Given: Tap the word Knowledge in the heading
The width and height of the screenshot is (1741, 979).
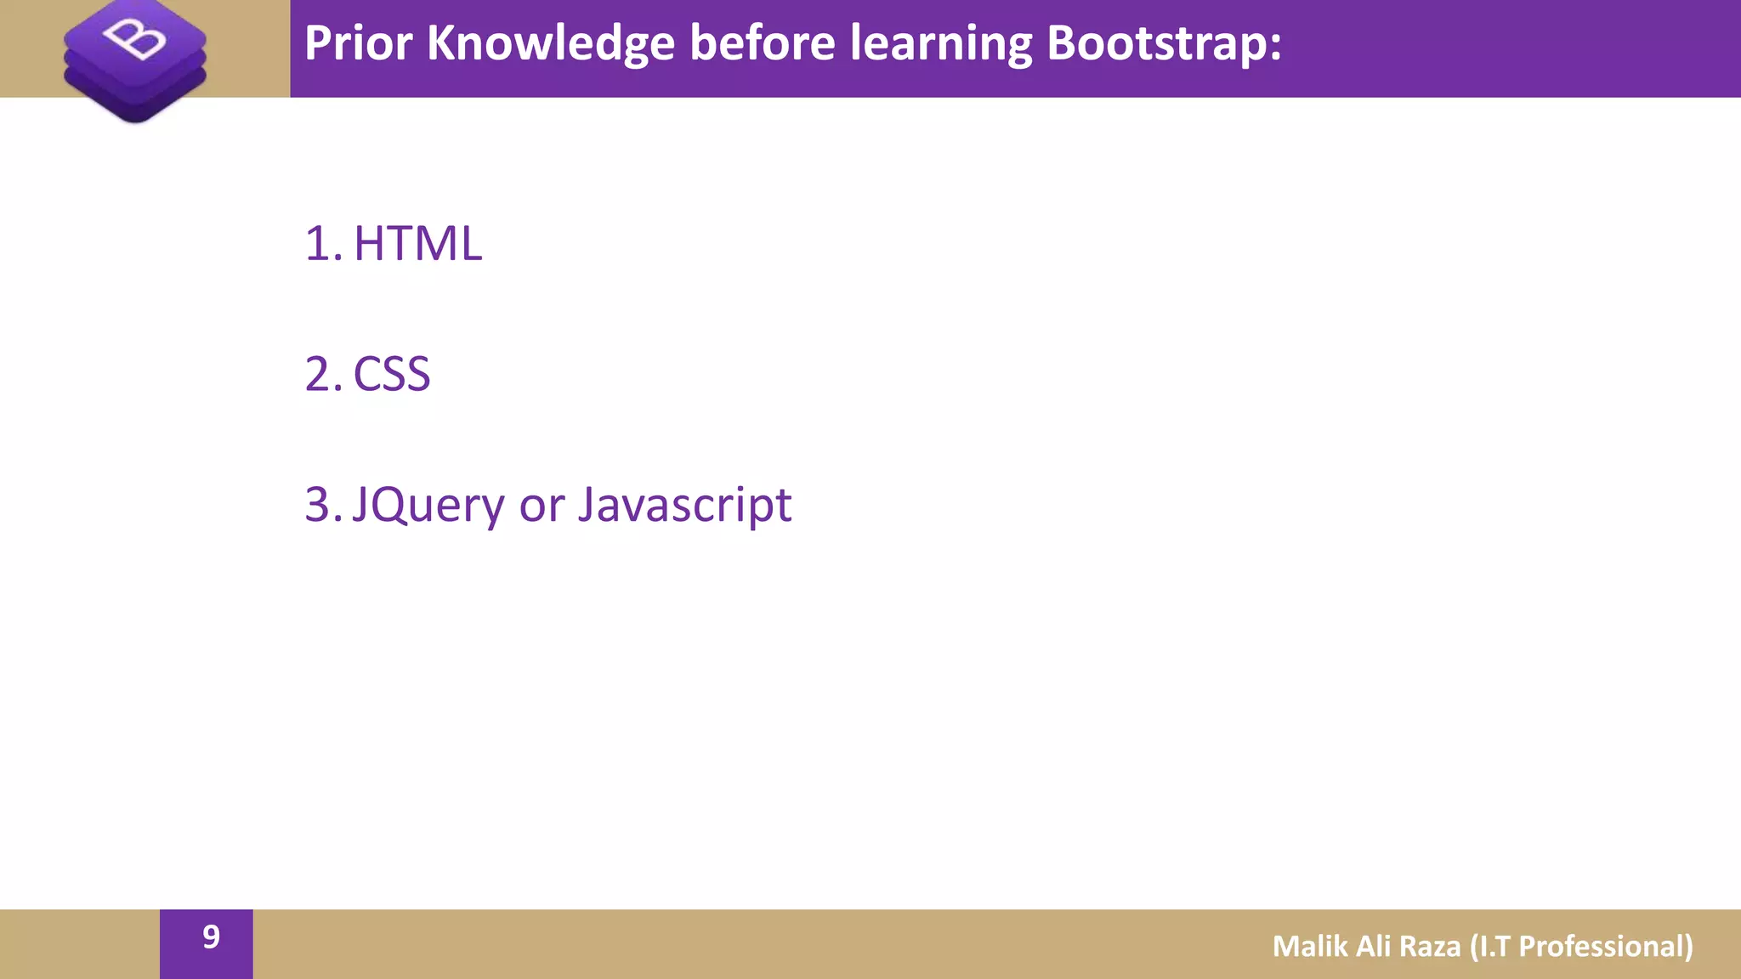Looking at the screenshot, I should pyautogui.click(x=550, y=44).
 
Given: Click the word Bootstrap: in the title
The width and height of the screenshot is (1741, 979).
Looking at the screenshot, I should pyautogui.click(x=1164, y=44).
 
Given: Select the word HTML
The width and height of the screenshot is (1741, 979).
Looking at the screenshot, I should pyautogui.click(x=417, y=244).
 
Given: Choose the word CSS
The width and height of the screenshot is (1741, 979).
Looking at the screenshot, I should pyautogui.click(x=392, y=375).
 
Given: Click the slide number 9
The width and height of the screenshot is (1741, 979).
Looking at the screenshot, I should pyautogui.click(x=211, y=937).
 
